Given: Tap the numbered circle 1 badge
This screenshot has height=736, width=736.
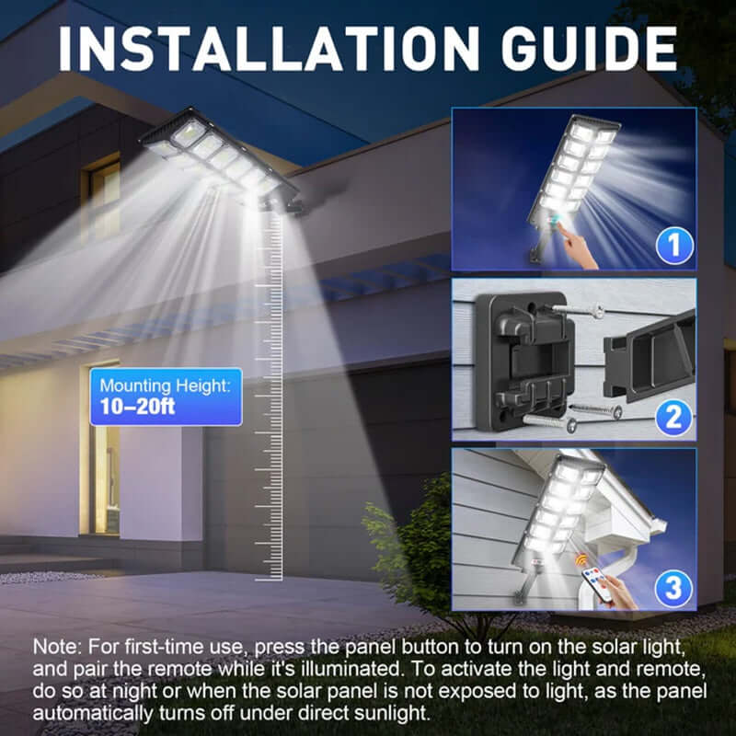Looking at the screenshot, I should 673,246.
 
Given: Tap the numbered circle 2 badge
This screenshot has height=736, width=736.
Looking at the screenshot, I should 673,419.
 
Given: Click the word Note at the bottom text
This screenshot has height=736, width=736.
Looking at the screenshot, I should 54,647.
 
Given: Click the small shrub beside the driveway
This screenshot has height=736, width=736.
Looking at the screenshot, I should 405,552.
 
